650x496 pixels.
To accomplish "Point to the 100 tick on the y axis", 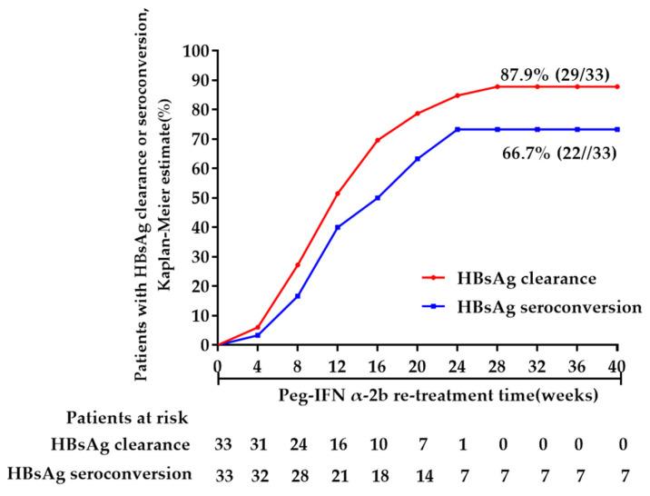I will click(x=195, y=51).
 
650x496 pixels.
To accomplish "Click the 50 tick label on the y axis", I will click(x=199, y=198).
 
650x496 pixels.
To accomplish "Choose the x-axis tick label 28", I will click(x=497, y=365).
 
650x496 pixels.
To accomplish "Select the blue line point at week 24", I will click(x=458, y=129).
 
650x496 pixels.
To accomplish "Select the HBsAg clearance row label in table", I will click(x=134, y=444).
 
